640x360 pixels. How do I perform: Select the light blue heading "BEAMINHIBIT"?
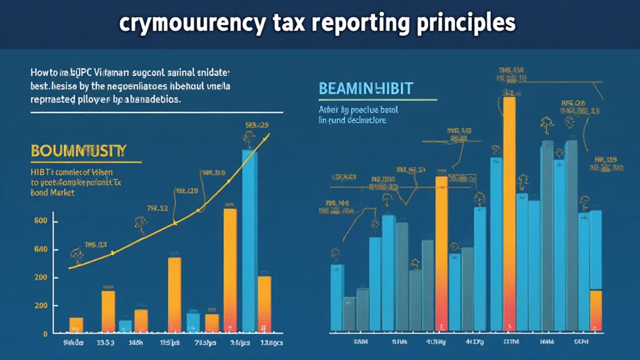click(x=366, y=88)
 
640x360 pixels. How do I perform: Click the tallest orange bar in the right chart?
click(x=509, y=212)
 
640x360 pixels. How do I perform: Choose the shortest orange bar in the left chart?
click(x=76, y=324)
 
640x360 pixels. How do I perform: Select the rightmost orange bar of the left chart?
click(x=264, y=303)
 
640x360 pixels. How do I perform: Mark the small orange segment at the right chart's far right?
click(x=596, y=309)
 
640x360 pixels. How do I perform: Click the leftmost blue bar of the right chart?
click(x=337, y=297)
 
